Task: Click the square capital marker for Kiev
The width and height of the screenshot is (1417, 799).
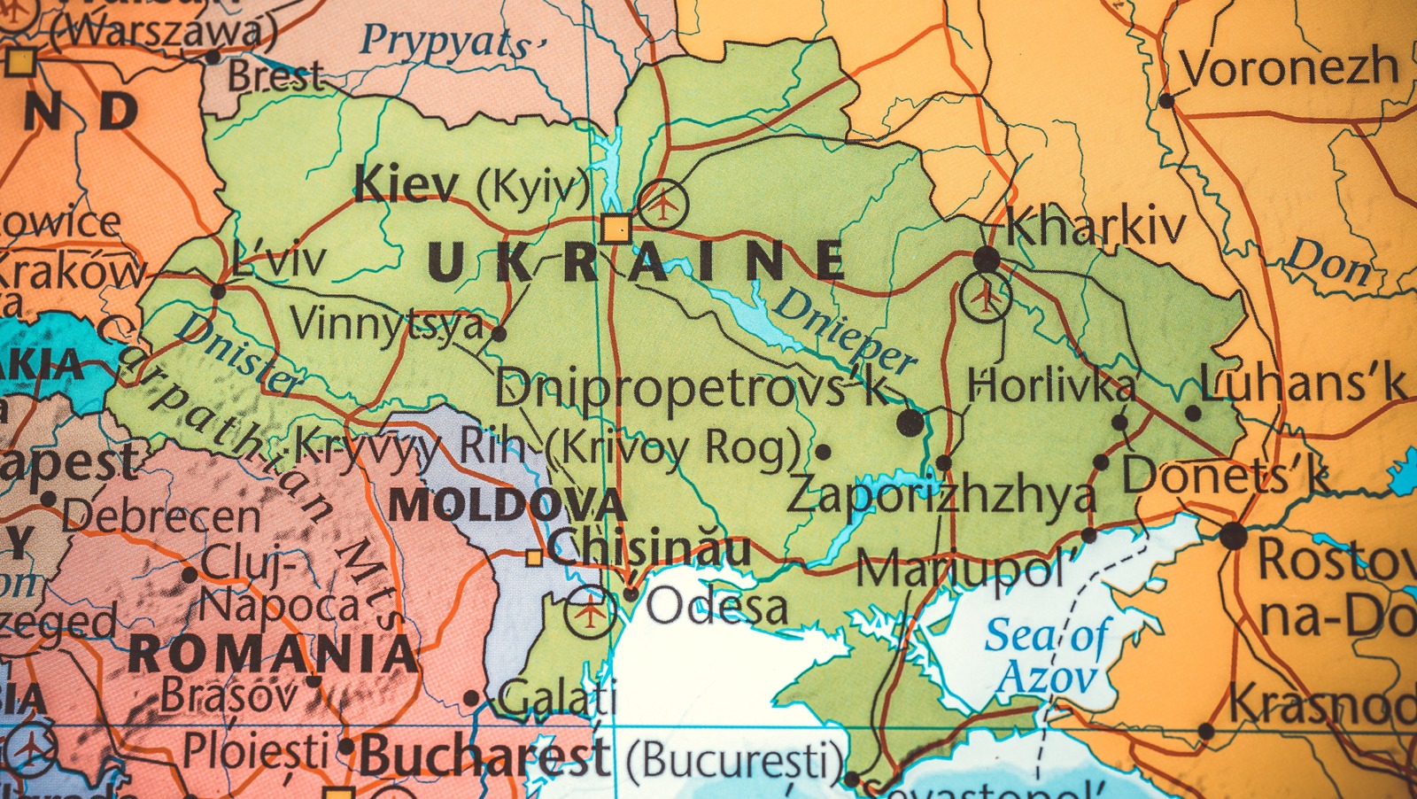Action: click(616, 229)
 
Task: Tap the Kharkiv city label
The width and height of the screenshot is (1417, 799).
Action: click(1096, 227)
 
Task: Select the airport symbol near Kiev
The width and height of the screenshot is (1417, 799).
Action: click(663, 204)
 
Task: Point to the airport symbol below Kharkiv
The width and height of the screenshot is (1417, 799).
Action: click(985, 297)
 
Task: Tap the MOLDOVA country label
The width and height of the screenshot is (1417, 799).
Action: click(507, 506)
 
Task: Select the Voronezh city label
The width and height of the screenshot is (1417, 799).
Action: click(1289, 68)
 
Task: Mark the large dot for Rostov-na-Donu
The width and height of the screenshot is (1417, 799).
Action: click(1233, 536)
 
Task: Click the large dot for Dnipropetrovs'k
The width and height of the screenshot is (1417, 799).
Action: click(910, 423)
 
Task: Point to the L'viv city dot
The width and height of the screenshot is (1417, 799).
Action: click(218, 291)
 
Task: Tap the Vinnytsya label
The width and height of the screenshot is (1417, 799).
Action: click(387, 324)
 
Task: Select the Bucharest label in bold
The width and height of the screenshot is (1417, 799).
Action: click(484, 756)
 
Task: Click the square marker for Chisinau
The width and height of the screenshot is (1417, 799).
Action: click(534, 557)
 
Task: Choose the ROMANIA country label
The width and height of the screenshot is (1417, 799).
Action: click(272, 655)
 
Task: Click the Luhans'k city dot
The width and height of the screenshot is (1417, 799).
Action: click(1193, 413)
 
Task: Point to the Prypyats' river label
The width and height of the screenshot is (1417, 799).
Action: click(452, 42)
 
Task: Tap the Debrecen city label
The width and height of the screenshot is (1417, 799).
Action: click(161, 516)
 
